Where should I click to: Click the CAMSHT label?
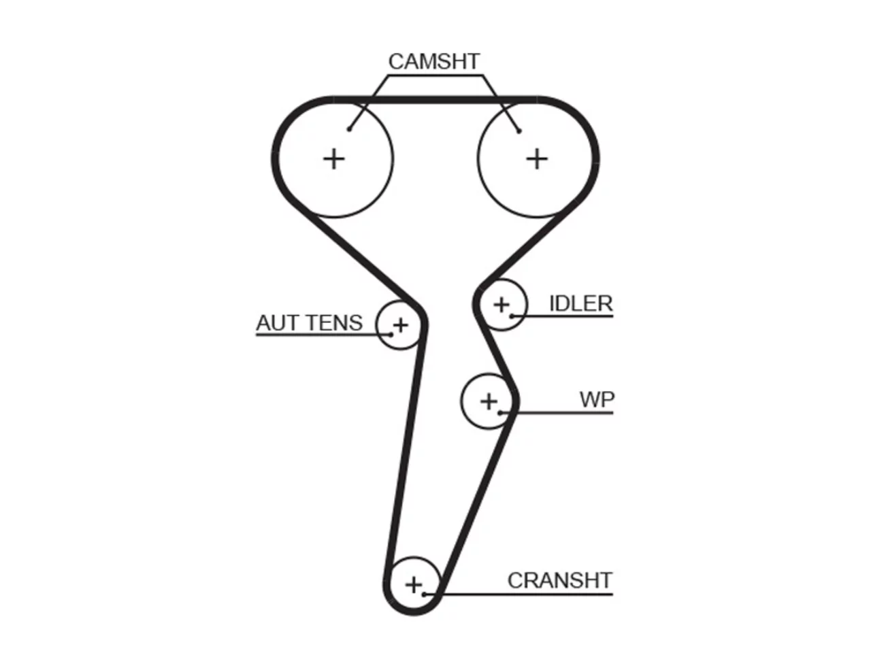point(434,61)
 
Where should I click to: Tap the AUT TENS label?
point(309,322)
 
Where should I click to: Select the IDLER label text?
point(581,303)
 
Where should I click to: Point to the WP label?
point(597,400)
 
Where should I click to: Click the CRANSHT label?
point(560,580)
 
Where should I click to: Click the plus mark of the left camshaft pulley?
point(333,159)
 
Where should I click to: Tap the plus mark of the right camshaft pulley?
point(537,159)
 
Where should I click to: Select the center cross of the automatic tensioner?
point(401,326)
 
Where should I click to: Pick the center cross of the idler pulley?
point(502,305)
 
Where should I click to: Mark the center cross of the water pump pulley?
point(489,401)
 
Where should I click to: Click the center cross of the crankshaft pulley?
point(414,585)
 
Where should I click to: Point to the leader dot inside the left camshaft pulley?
point(349,129)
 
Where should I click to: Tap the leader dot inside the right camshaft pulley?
point(519,131)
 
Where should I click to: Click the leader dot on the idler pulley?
point(512,316)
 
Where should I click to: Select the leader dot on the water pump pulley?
point(500,413)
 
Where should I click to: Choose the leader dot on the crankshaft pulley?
point(424,595)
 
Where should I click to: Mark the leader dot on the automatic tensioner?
point(392,335)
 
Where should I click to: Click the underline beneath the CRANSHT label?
point(519,595)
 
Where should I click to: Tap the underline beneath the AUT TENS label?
point(324,335)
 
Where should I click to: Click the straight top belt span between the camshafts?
point(435,99)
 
